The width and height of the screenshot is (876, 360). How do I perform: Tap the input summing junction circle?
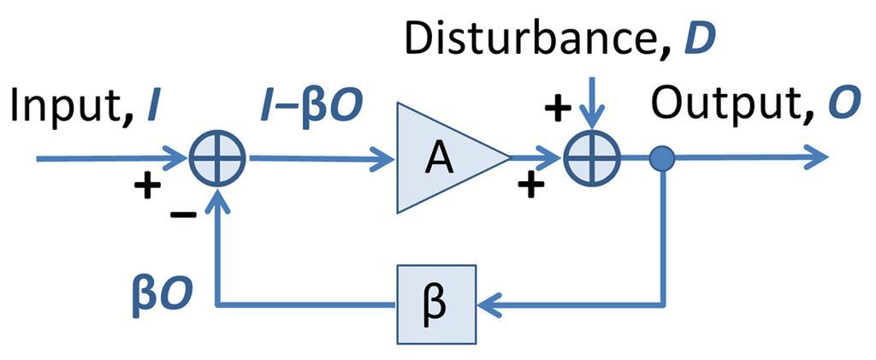[220, 158]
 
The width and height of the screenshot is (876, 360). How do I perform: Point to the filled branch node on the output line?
[663, 158]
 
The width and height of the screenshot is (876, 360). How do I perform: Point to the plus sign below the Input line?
[147, 186]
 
